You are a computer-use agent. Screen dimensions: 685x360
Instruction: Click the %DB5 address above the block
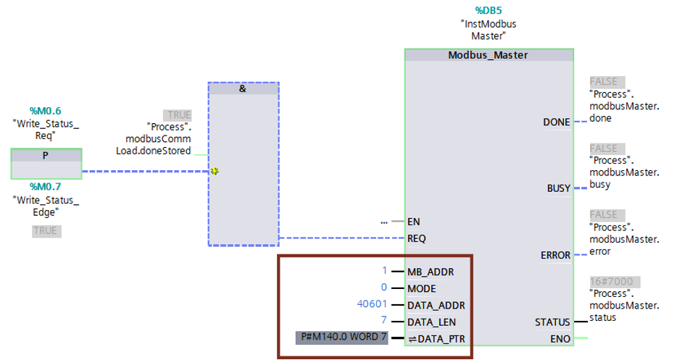coord(489,10)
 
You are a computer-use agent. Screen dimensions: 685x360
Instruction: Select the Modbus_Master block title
coord(488,55)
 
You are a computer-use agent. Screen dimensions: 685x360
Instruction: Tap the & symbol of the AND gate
coord(243,88)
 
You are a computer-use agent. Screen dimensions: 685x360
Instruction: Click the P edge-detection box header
coord(46,155)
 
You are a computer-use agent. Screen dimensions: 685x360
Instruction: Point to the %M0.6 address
coord(46,111)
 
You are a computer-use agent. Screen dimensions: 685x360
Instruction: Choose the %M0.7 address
coord(46,187)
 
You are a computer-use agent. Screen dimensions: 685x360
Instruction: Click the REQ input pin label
coord(416,239)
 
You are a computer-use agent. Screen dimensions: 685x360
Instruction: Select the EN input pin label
coord(414,222)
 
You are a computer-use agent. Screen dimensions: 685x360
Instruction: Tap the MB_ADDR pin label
coord(431,272)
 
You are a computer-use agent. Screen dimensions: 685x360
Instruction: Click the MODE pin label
coord(422,289)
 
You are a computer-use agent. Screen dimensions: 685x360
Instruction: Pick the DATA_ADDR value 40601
coord(372,304)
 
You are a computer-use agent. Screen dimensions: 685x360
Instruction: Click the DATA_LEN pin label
coord(431,322)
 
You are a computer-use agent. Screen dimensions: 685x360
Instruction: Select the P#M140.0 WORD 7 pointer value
coord(342,338)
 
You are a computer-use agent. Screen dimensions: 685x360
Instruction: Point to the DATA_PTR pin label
coord(437,339)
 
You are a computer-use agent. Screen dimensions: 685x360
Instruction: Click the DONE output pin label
coord(557,122)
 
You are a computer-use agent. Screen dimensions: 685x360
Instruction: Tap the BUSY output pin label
coord(559,188)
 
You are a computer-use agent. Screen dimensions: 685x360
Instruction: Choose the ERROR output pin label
coord(556,255)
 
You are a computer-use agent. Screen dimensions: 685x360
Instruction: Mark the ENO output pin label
coord(560,339)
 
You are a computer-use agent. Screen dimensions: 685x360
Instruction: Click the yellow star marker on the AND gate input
coord(215,171)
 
